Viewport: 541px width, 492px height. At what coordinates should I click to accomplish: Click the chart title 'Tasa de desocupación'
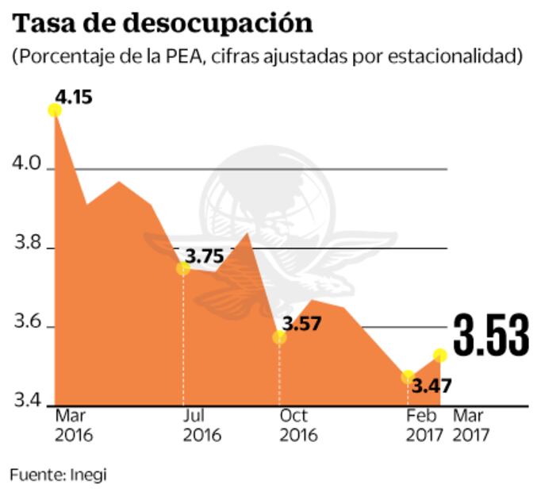[162, 23]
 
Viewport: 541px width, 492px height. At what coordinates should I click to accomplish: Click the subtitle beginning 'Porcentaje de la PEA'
[267, 57]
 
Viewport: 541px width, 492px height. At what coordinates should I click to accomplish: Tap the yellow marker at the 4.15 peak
[55, 110]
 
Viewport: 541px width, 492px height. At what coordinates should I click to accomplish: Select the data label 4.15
[74, 98]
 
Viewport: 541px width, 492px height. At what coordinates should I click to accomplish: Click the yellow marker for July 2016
[183, 268]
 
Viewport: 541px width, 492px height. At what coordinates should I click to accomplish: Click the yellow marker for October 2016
[279, 337]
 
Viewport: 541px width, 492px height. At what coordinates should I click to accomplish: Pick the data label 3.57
[301, 324]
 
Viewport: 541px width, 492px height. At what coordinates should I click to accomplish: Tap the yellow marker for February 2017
[408, 376]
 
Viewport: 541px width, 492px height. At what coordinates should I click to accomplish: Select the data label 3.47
[432, 388]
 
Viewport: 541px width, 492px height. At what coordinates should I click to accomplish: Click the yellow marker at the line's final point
[439, 354]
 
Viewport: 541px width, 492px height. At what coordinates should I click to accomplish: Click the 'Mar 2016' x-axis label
[74, 425]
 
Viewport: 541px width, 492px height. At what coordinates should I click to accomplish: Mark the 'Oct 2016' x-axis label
[297, 425]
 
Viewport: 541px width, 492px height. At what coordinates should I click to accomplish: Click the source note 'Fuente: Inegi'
[58, 475]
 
